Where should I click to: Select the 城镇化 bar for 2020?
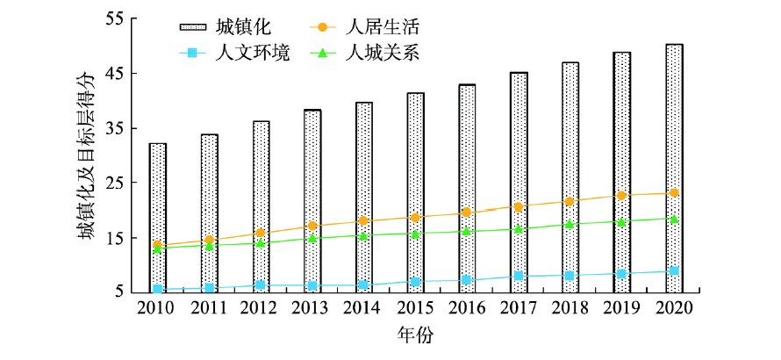coord(674,168)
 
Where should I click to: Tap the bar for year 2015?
coord(416,192)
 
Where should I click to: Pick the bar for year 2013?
coord(312,201)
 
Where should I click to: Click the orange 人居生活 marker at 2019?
coord(622,195)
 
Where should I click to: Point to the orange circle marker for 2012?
coord(261,234)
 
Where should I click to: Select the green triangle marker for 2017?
coord(519,229)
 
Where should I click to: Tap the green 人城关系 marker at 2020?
coord(674,219)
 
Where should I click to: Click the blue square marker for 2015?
coord(416,282)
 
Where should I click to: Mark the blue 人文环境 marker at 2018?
coord(570,276)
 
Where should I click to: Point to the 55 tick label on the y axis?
coord(116,19)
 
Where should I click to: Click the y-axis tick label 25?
coord(116,184)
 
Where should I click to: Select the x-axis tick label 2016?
coord(467,308)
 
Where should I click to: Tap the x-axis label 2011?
coord(209,308)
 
